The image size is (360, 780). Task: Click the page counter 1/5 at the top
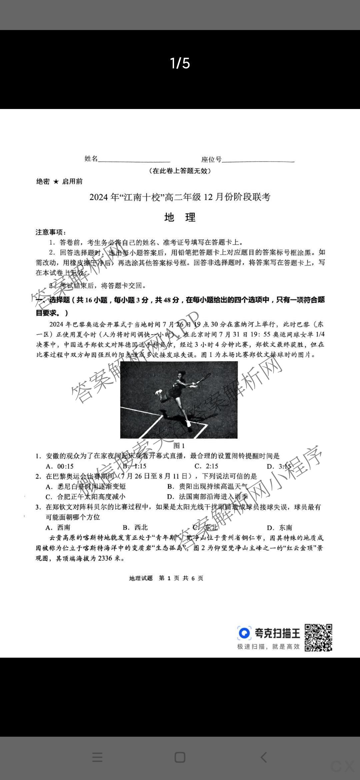(x=180, y=63)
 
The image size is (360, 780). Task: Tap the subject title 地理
(x=180, y=217)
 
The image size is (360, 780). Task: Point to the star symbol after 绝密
(x=56, y=182)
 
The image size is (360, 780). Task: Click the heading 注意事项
(x=51, y=232)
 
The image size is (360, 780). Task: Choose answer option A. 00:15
(x=60, y=466)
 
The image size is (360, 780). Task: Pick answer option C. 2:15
(x=206, y=466)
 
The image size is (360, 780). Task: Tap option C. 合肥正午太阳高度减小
(x=86, y=497)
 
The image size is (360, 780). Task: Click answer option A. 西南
(x=58, y=527)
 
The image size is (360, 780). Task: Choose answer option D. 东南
(x=280, y=527)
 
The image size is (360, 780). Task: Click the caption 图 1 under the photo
(x=179, y=446)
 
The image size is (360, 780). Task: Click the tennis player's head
(x=181, y=374)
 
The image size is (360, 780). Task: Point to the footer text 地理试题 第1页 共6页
(x=166, y=578)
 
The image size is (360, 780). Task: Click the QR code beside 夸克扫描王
(x=319, y=638)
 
